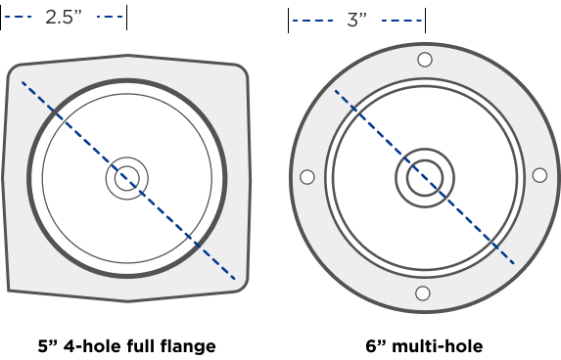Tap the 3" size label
[x=356, y=21]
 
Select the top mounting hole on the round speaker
[x=424, y=60]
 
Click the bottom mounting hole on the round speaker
[x=422, y=293]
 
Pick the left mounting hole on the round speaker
[x=306, y=177]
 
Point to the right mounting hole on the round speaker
[x=539, y=175]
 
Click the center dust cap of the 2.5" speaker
[x=126, y=178]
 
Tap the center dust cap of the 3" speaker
[x=424, y=178]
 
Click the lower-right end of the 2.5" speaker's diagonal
[x=236, y=280]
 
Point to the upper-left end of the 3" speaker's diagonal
[x=336, y=91]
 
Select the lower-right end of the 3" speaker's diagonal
[x=514, y=264]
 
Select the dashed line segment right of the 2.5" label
[x=111, y=17]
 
